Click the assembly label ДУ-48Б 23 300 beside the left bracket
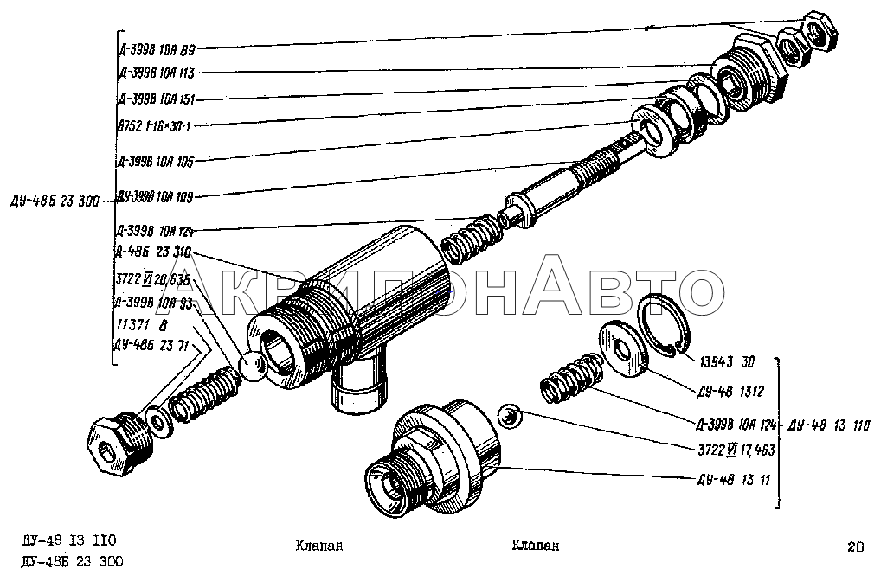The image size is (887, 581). pos(54,201)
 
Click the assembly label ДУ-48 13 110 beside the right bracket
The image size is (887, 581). pos(826,426)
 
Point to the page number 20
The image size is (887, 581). pos(856,546)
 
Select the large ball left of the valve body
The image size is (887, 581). pos(253,366)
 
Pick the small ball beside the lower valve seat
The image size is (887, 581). pos(511,417)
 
